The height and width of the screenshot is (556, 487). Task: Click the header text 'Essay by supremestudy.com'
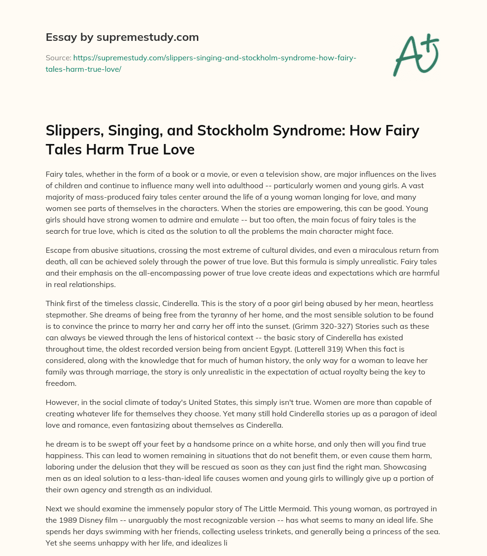(x=122, y=37)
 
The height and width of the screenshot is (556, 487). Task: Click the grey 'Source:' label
(x=58, y=58)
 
